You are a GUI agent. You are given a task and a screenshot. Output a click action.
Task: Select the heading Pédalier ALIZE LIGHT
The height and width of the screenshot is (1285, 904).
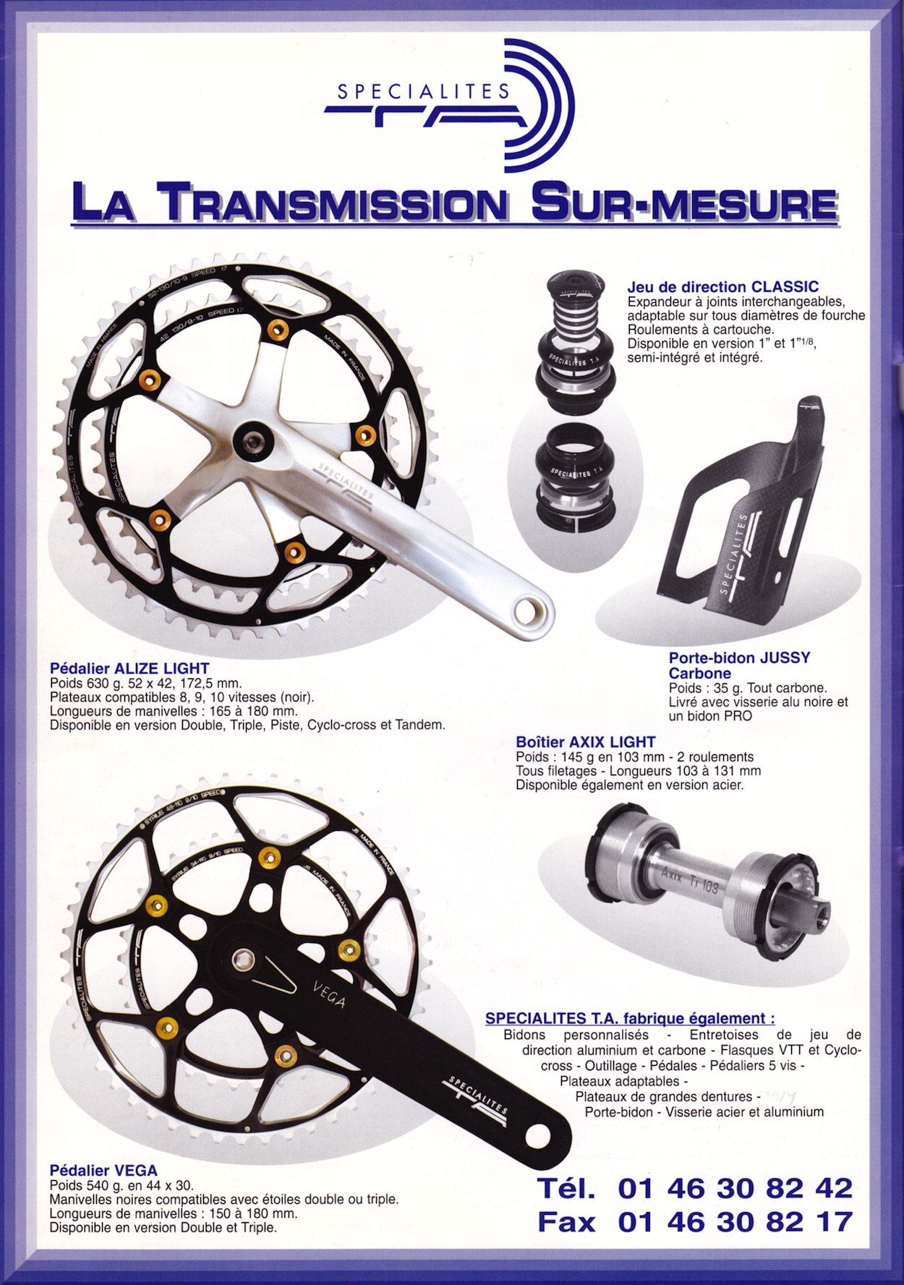(129, 668)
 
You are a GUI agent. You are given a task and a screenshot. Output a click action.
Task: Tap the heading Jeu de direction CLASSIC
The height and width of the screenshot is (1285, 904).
(723, 286)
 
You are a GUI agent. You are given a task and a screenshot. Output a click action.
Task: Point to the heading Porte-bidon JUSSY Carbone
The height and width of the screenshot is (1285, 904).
(739, 665)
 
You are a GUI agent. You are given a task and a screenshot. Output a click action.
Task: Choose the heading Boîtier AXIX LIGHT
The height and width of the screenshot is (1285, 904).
(586, 742)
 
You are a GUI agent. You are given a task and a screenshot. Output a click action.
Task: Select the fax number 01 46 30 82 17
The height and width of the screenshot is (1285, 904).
(735, 1222)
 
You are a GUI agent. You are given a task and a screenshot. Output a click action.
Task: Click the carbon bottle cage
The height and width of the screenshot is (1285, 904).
(749, 506)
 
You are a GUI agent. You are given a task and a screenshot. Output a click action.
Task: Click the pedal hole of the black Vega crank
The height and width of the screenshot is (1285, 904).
(535, 1140)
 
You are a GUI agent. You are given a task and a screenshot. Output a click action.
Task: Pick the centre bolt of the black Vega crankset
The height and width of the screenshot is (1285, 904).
(242, 960)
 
